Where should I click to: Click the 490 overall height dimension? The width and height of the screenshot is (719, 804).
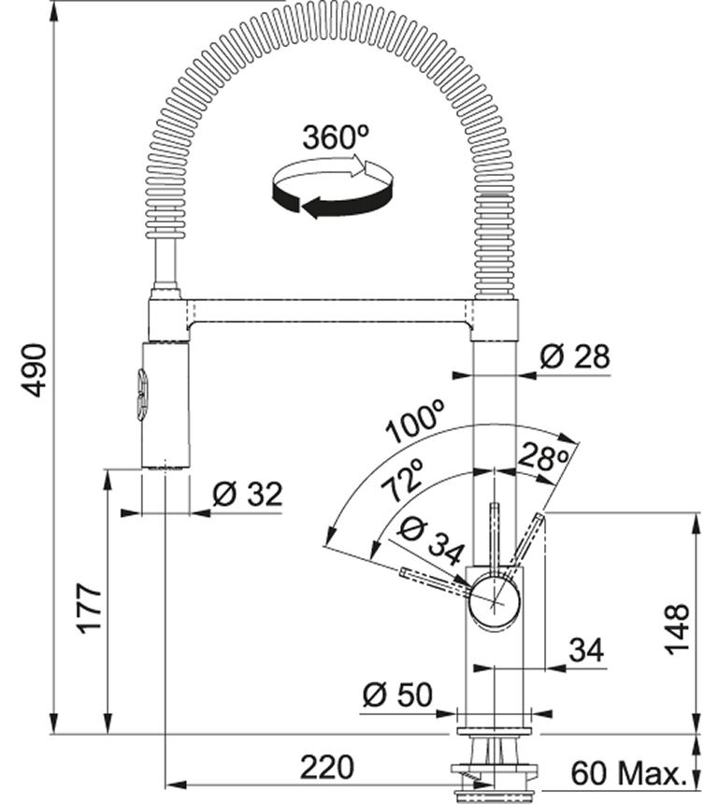click(x=35, y=369)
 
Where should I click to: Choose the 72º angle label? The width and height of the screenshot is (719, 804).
click(x=404, y=483)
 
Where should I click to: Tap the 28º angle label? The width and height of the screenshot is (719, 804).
click(x=542, y=458)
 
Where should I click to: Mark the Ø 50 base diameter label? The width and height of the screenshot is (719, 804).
click(x=397, y=695)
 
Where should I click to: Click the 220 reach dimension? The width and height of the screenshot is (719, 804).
click(x=327, y=768)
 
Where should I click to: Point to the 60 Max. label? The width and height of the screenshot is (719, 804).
click(x=626, y=773)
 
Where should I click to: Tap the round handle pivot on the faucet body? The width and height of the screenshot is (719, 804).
click(x=495, y=599)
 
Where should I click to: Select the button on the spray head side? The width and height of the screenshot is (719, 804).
click(x=140, y=395)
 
